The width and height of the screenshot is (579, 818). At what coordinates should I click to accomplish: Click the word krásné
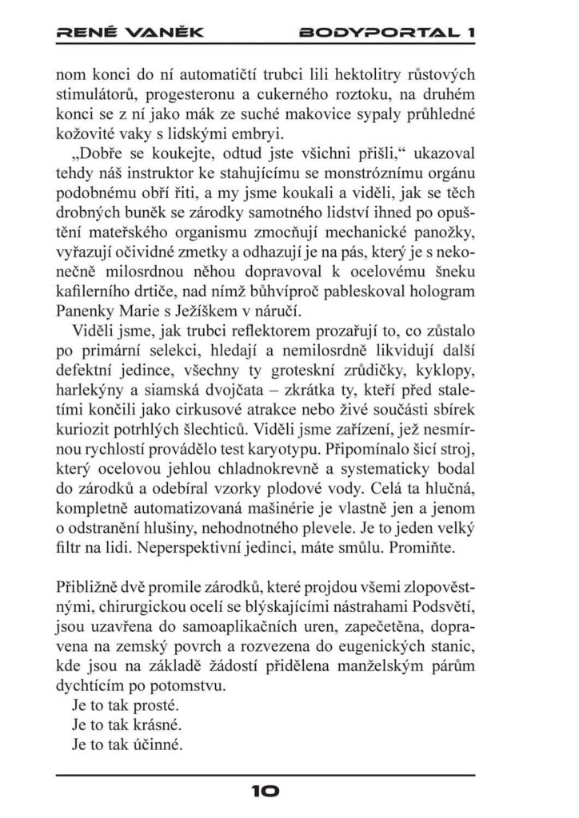pos(162,725)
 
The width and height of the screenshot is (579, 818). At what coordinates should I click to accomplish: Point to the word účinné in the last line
pos(162,746)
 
